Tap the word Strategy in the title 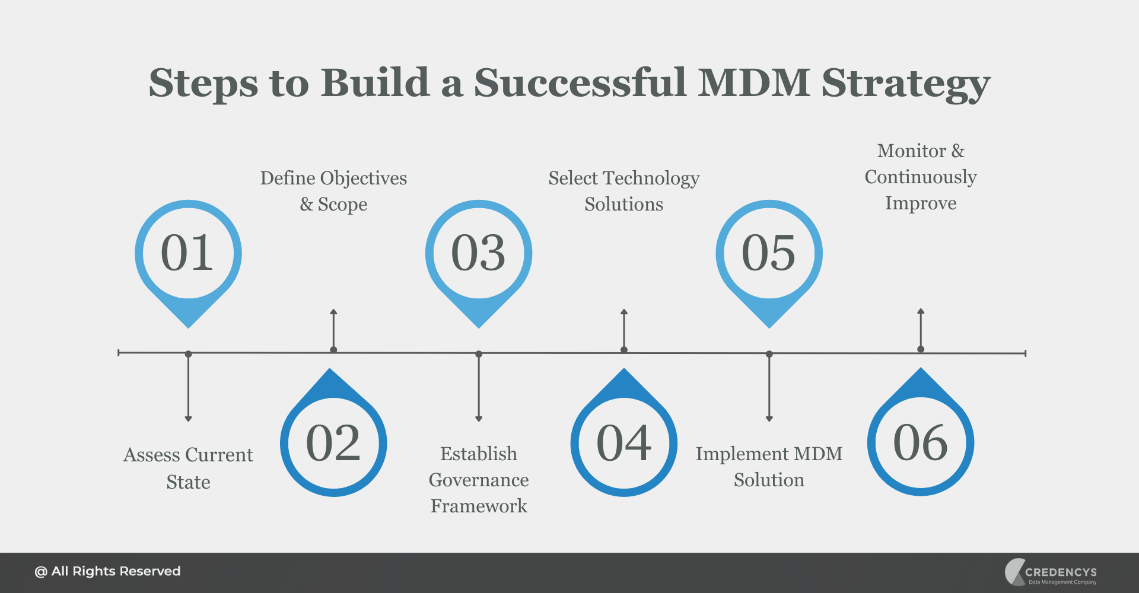tap(905, 83)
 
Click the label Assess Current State tap(188, 468)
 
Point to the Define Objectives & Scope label tap(333, 191)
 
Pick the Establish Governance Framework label tap(479, 480)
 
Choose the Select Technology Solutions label tap(624, 191)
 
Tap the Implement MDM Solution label tap(769, 467)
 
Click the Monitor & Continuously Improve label tap(921, 177)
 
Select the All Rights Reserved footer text tap(107, 572)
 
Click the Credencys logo tap(1051, 572)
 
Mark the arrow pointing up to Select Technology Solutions tap(624, 329)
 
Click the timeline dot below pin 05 tap(769, 354)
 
